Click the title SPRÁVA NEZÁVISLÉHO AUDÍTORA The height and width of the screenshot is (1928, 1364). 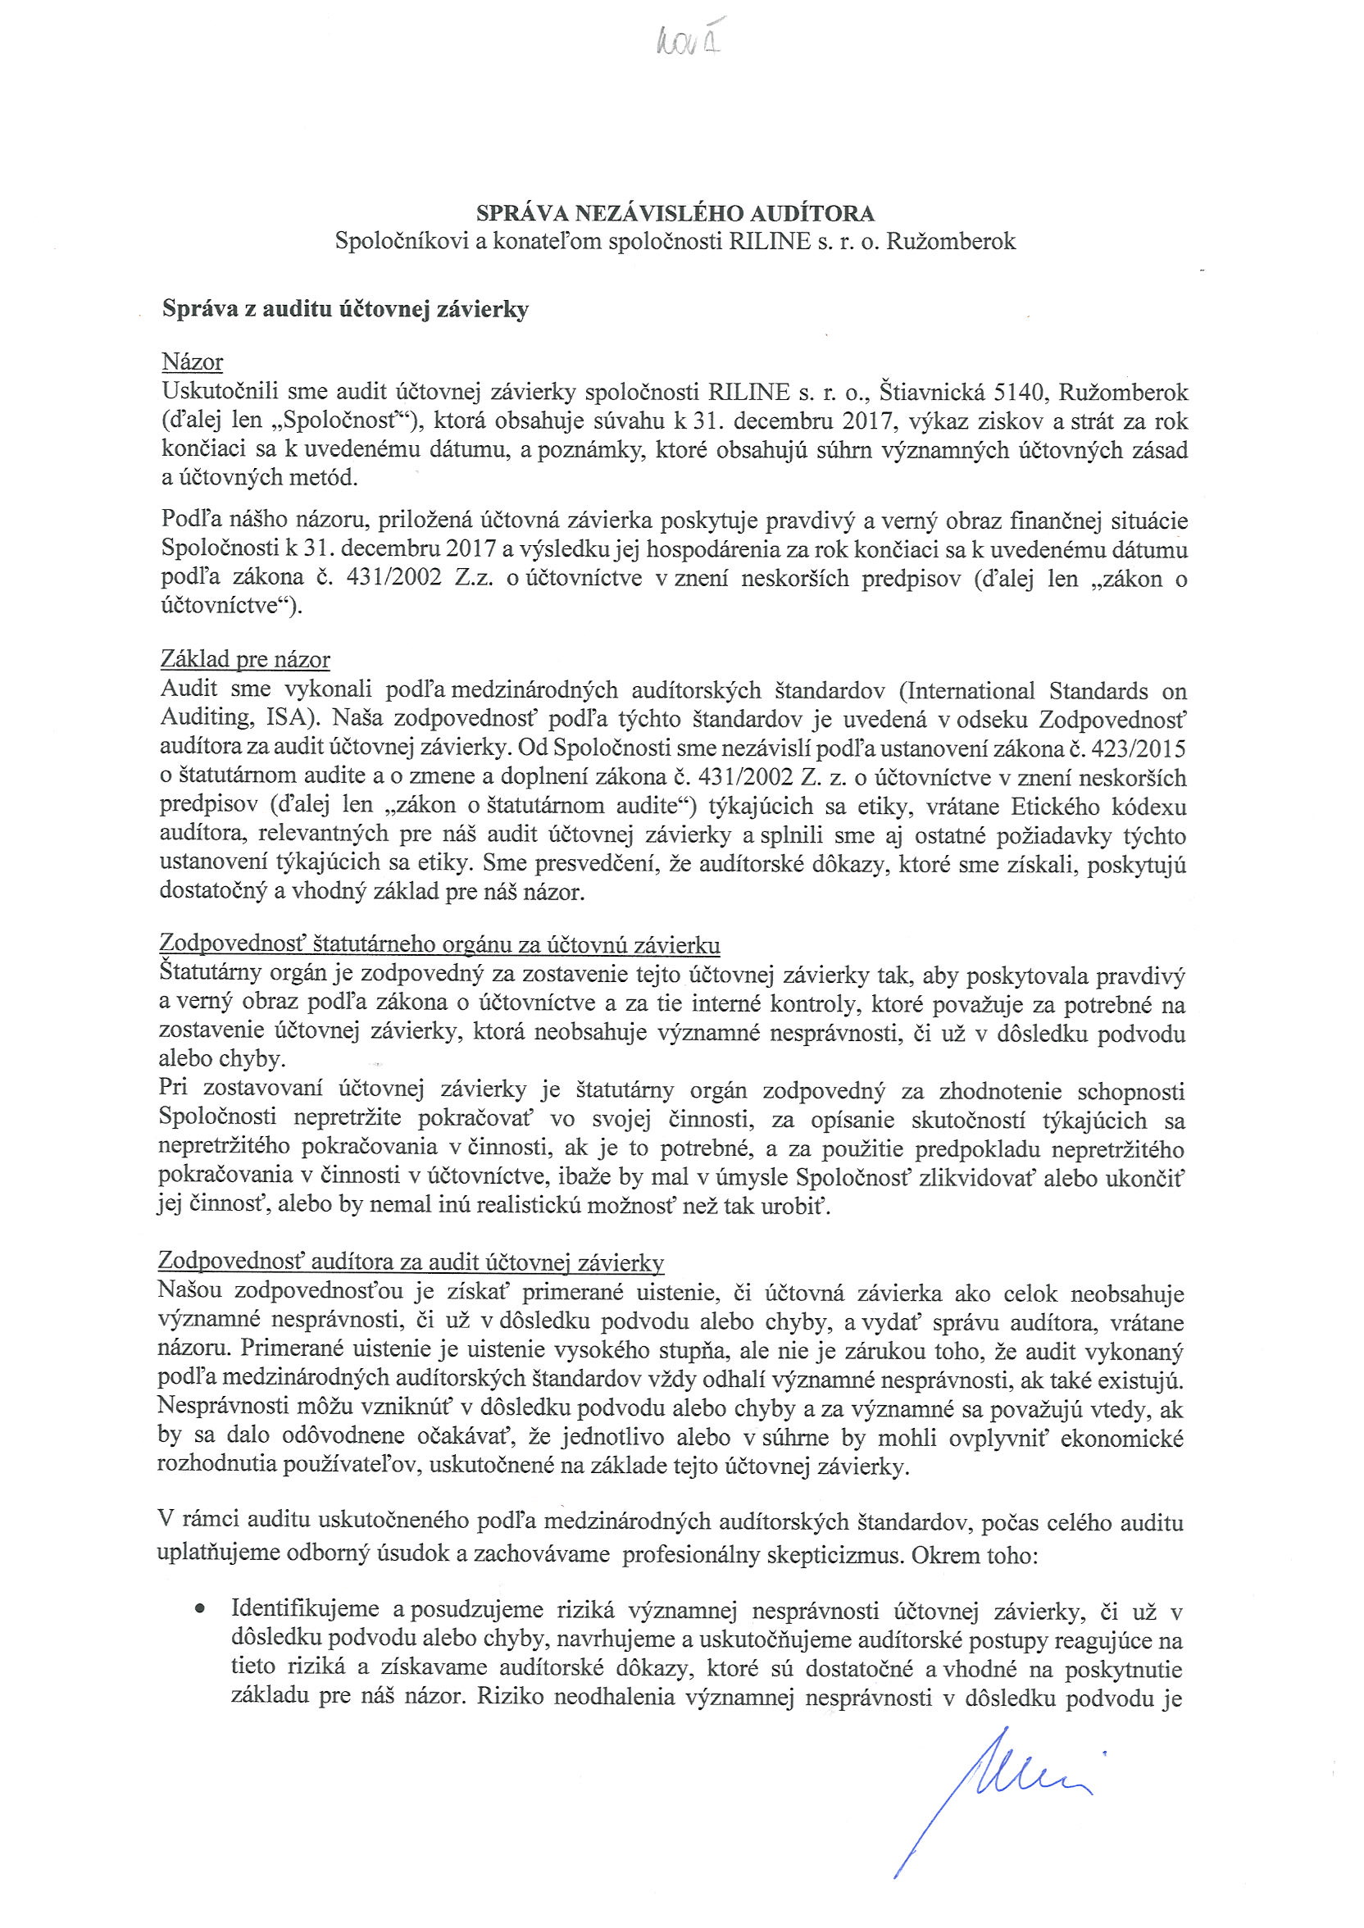pos(675,213)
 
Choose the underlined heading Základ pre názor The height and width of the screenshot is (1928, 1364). pos(244,660)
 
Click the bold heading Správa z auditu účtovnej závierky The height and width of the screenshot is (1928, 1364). pos(345,310)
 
